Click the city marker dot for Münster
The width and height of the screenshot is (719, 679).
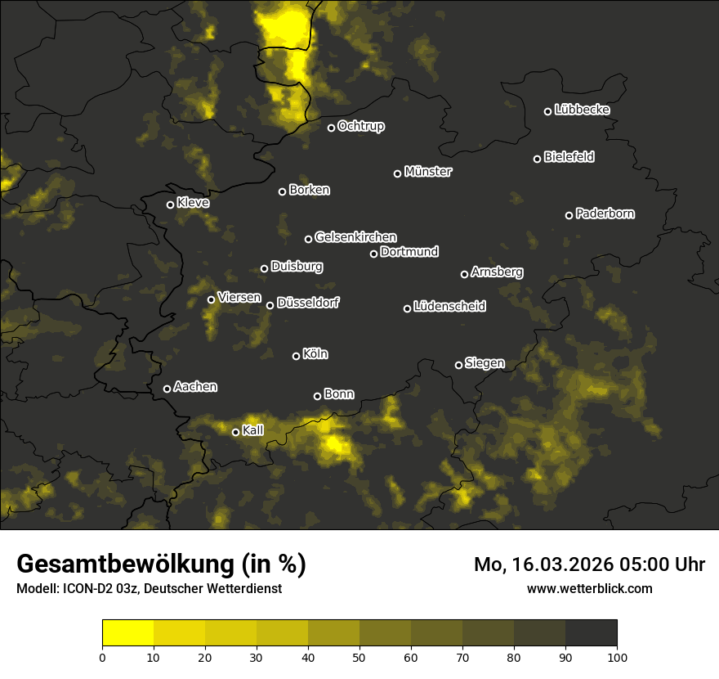398,173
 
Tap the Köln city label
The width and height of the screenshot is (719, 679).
315,354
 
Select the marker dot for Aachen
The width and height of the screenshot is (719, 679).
167,389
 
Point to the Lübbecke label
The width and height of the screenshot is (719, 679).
582,110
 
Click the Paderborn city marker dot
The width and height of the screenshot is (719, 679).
569,215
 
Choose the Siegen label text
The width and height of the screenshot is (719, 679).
485,363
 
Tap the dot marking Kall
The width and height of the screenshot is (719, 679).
236,432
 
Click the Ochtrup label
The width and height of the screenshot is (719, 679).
360,126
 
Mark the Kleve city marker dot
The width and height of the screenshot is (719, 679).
171,205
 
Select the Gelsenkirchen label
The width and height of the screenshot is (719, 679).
355,237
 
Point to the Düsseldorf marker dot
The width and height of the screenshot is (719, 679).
270,305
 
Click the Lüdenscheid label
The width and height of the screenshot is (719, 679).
449,307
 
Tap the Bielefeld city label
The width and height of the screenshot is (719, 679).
569,157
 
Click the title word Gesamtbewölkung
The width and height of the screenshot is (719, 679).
126,564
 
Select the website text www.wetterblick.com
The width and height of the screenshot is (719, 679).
590,588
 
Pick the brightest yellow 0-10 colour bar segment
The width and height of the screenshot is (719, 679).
128,632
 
